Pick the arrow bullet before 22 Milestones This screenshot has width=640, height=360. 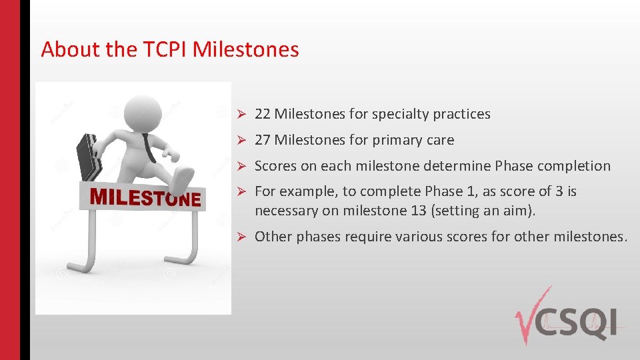pyautogui.click(x=244, y=115)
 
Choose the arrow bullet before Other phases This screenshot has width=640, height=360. pyautogui.click(x=244, y=237)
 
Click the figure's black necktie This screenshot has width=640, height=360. pyautogui.click(x=149, y=147)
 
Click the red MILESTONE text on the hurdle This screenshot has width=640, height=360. pyautogui.click(x=145, y=198)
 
